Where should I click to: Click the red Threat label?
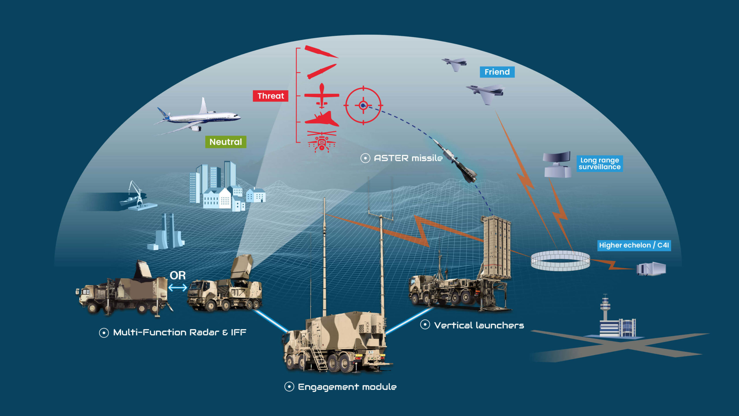point(270,96)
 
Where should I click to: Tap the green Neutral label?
point(225,142)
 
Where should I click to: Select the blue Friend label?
point(497,72)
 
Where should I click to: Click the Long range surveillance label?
point(600,164)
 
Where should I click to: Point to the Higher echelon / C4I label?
point(634,245)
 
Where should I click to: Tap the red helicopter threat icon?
point(322,142)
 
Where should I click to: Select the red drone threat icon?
point(322,96)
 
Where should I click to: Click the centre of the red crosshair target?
point(363,105)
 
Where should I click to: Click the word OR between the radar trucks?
point(178,275)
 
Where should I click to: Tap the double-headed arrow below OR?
point(178,288)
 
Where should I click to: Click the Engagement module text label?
point(347,387)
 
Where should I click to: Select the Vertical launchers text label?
point(479,325)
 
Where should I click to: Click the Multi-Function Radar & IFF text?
point(180,333)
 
